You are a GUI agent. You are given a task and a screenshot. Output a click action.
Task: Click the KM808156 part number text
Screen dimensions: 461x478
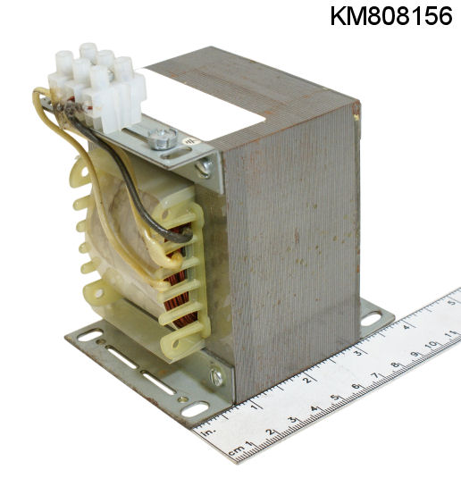391,16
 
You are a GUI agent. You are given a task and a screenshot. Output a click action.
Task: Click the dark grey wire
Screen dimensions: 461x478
128,178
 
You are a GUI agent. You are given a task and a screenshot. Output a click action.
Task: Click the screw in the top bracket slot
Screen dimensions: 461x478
163,138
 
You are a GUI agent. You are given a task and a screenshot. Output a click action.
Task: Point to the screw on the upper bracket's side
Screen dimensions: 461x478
205,168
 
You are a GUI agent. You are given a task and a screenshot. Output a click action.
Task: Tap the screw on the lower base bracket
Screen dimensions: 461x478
217,377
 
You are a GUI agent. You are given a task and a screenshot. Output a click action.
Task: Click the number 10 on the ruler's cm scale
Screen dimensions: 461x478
432,345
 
